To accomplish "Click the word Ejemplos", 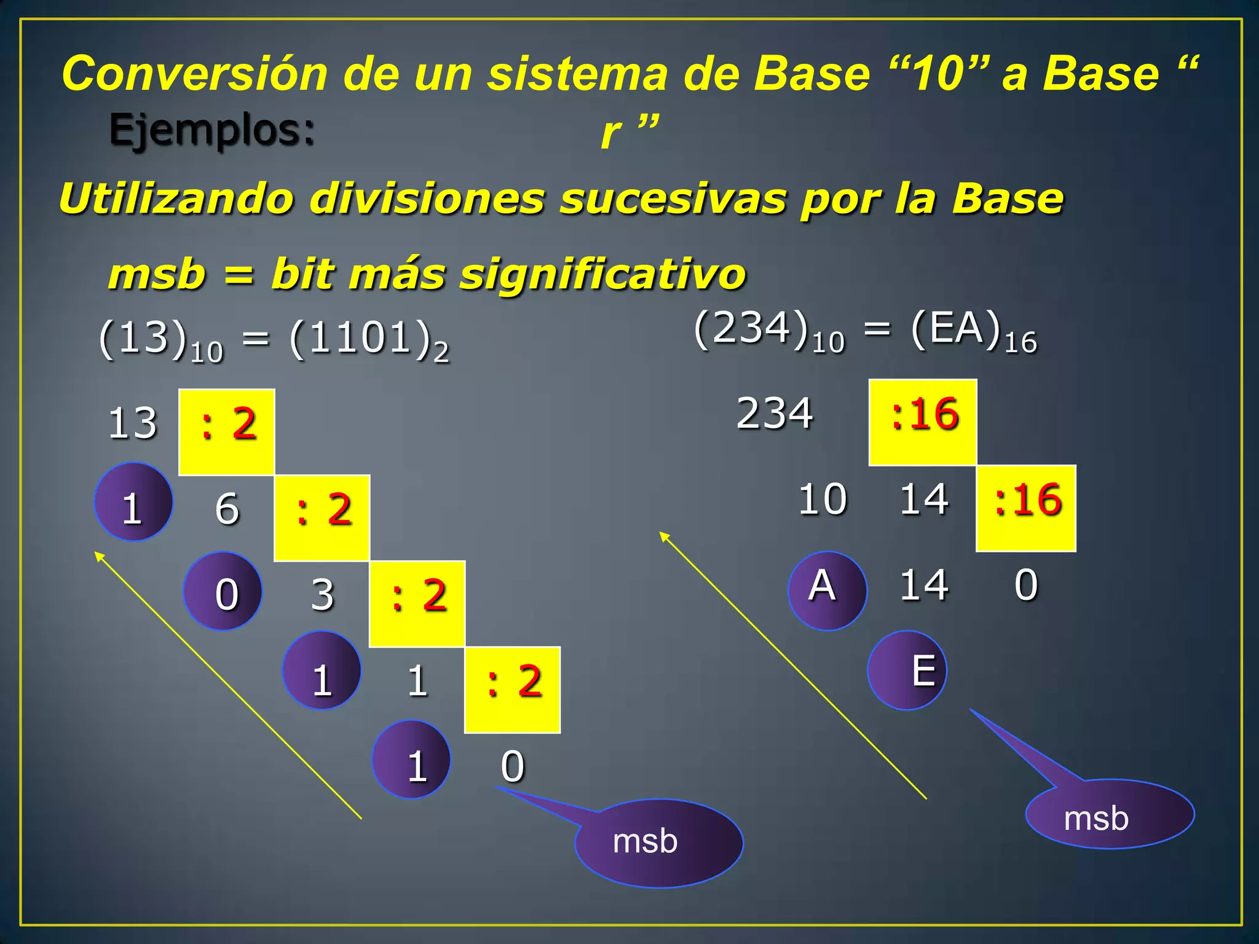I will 211,131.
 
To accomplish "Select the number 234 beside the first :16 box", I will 775,413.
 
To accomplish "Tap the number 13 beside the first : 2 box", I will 133,423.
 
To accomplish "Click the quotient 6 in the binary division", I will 227,509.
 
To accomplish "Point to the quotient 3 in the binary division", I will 323,595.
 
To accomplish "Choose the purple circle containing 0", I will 223,592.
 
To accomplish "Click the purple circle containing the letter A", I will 827,591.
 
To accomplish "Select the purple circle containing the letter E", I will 907,671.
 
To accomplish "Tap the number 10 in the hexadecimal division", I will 823,499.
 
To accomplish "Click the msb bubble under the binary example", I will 658,843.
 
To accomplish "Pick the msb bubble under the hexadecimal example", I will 1110,815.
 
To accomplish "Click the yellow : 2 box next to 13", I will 226,432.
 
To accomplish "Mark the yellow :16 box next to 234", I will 923,422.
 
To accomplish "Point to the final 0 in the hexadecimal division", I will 1026,584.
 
